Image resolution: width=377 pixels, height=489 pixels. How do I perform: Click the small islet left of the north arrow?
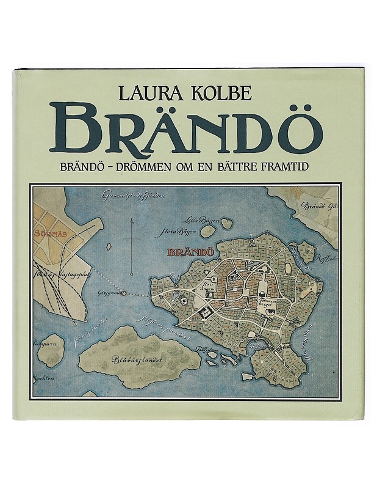click(108, 248)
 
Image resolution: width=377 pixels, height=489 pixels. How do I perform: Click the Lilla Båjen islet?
click(226, 224)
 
